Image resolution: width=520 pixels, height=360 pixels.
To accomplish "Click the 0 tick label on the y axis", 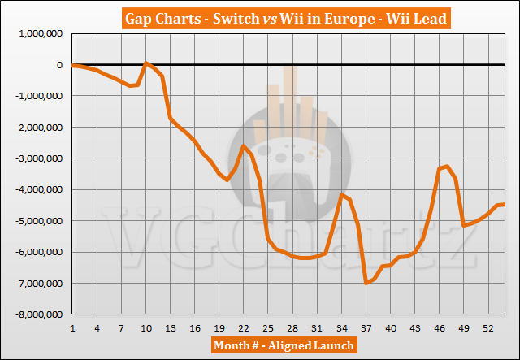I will point(60,65).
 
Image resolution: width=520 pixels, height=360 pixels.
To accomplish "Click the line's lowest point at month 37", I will point(366,283).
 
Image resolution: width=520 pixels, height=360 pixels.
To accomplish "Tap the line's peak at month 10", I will point(146,63).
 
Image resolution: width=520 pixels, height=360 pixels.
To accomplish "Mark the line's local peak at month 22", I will point(244,145).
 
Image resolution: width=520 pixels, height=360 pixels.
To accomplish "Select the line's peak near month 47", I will point(447,167).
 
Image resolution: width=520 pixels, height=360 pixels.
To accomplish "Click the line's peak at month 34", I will point(342,195).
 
